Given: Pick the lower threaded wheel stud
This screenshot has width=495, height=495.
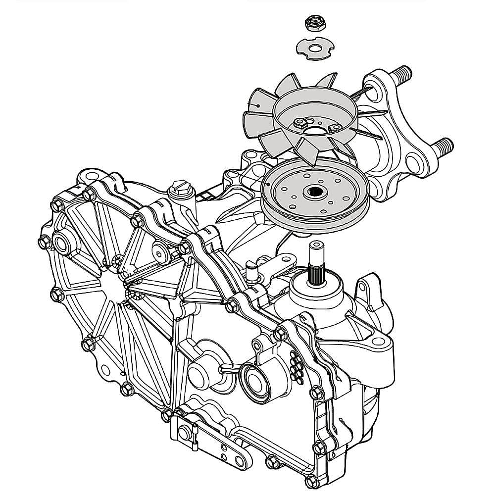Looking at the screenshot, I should point(443,145).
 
